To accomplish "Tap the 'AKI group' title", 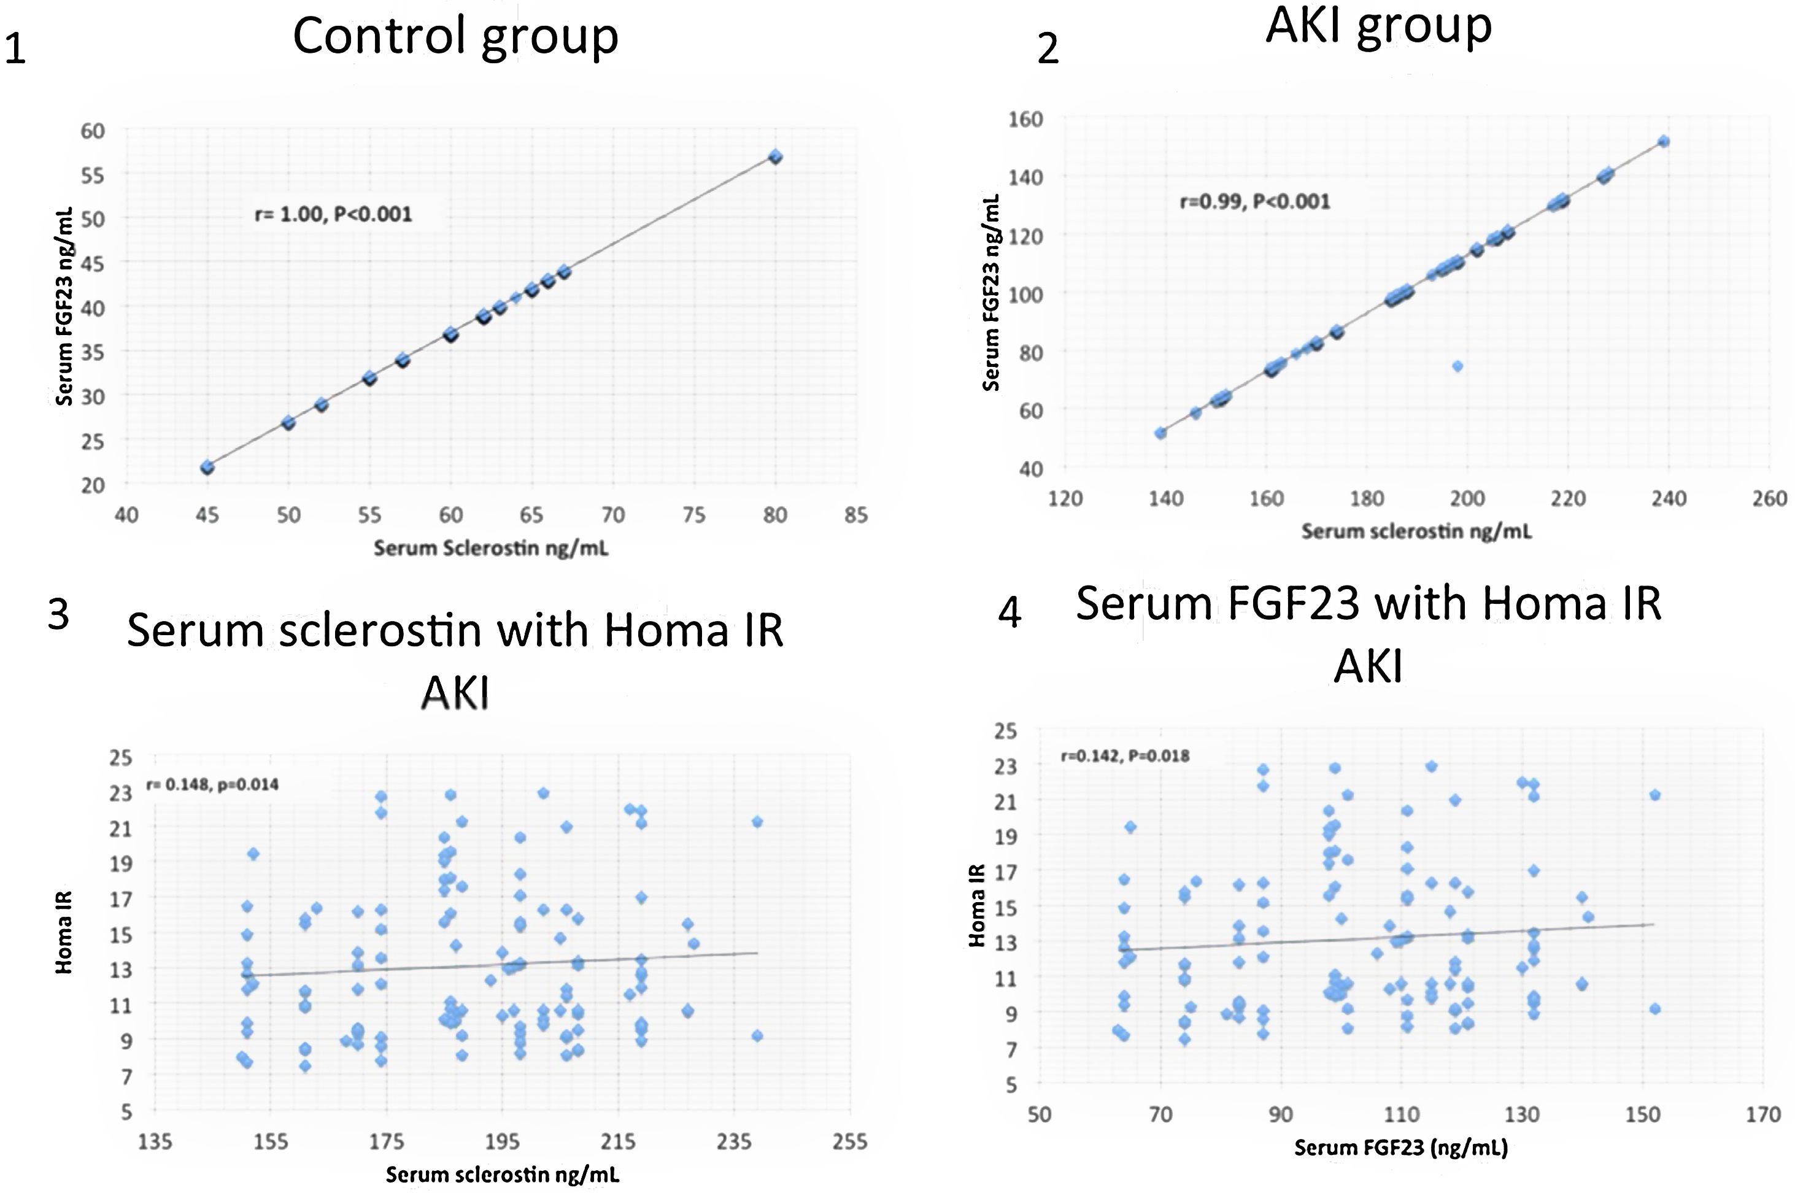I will [1378, 26].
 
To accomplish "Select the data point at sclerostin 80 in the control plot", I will [775, 156].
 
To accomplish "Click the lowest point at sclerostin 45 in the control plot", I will [207, 467].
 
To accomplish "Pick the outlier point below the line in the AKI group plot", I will [1457, 366].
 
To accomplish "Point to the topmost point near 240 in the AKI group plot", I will [1664, 142].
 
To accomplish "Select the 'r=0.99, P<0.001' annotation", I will [1255, 202].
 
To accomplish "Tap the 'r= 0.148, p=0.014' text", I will [212, 784].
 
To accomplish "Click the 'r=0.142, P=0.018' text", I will [1125, 755].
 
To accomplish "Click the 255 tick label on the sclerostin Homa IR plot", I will [849, 1142].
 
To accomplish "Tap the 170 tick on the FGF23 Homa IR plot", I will [1763, 1114].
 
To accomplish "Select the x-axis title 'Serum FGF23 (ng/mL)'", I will [1400, 1148].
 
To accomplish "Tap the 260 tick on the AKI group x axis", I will [1769, 499].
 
